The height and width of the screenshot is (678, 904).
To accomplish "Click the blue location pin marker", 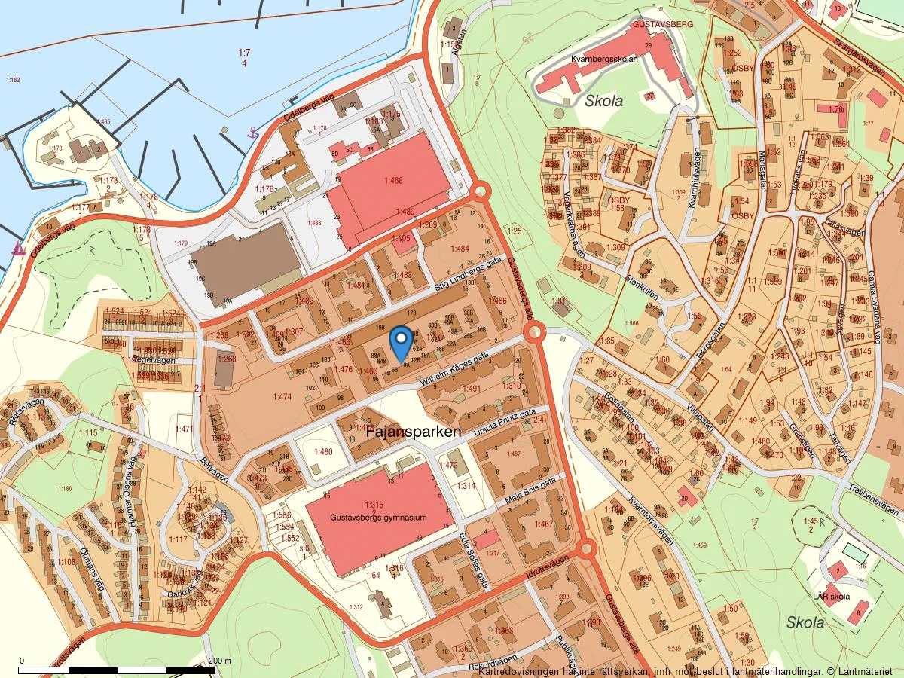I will (x=402, y=343).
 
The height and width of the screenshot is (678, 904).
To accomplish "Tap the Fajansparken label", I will (x=413, y=433).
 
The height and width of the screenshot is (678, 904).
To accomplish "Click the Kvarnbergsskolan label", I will (x=605, y=58).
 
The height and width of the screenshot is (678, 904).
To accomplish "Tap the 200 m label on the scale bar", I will (x=219, y=661).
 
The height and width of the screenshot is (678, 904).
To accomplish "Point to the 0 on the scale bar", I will (x=21, y=661).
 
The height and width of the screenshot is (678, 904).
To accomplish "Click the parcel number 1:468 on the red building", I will (x=392, y=181).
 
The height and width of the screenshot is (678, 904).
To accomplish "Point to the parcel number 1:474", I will (x=282, y=396).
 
